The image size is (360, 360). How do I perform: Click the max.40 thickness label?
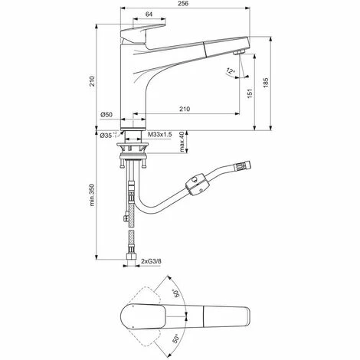(x=181, y=142)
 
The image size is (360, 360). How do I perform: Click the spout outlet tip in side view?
(x=238, y=52)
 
